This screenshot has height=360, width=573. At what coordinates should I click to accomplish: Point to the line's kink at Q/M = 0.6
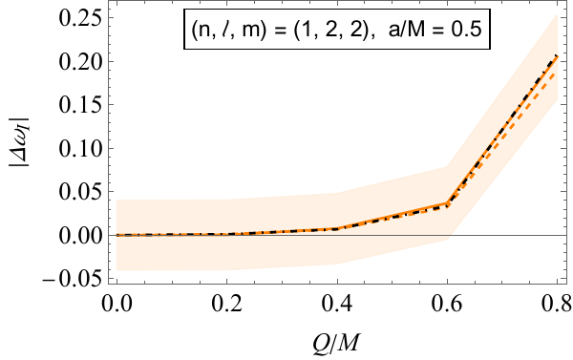point(448,204)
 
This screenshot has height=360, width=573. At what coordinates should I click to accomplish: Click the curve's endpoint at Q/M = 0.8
point(558,57)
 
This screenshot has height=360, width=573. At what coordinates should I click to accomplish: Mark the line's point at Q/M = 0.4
point(338,228)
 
